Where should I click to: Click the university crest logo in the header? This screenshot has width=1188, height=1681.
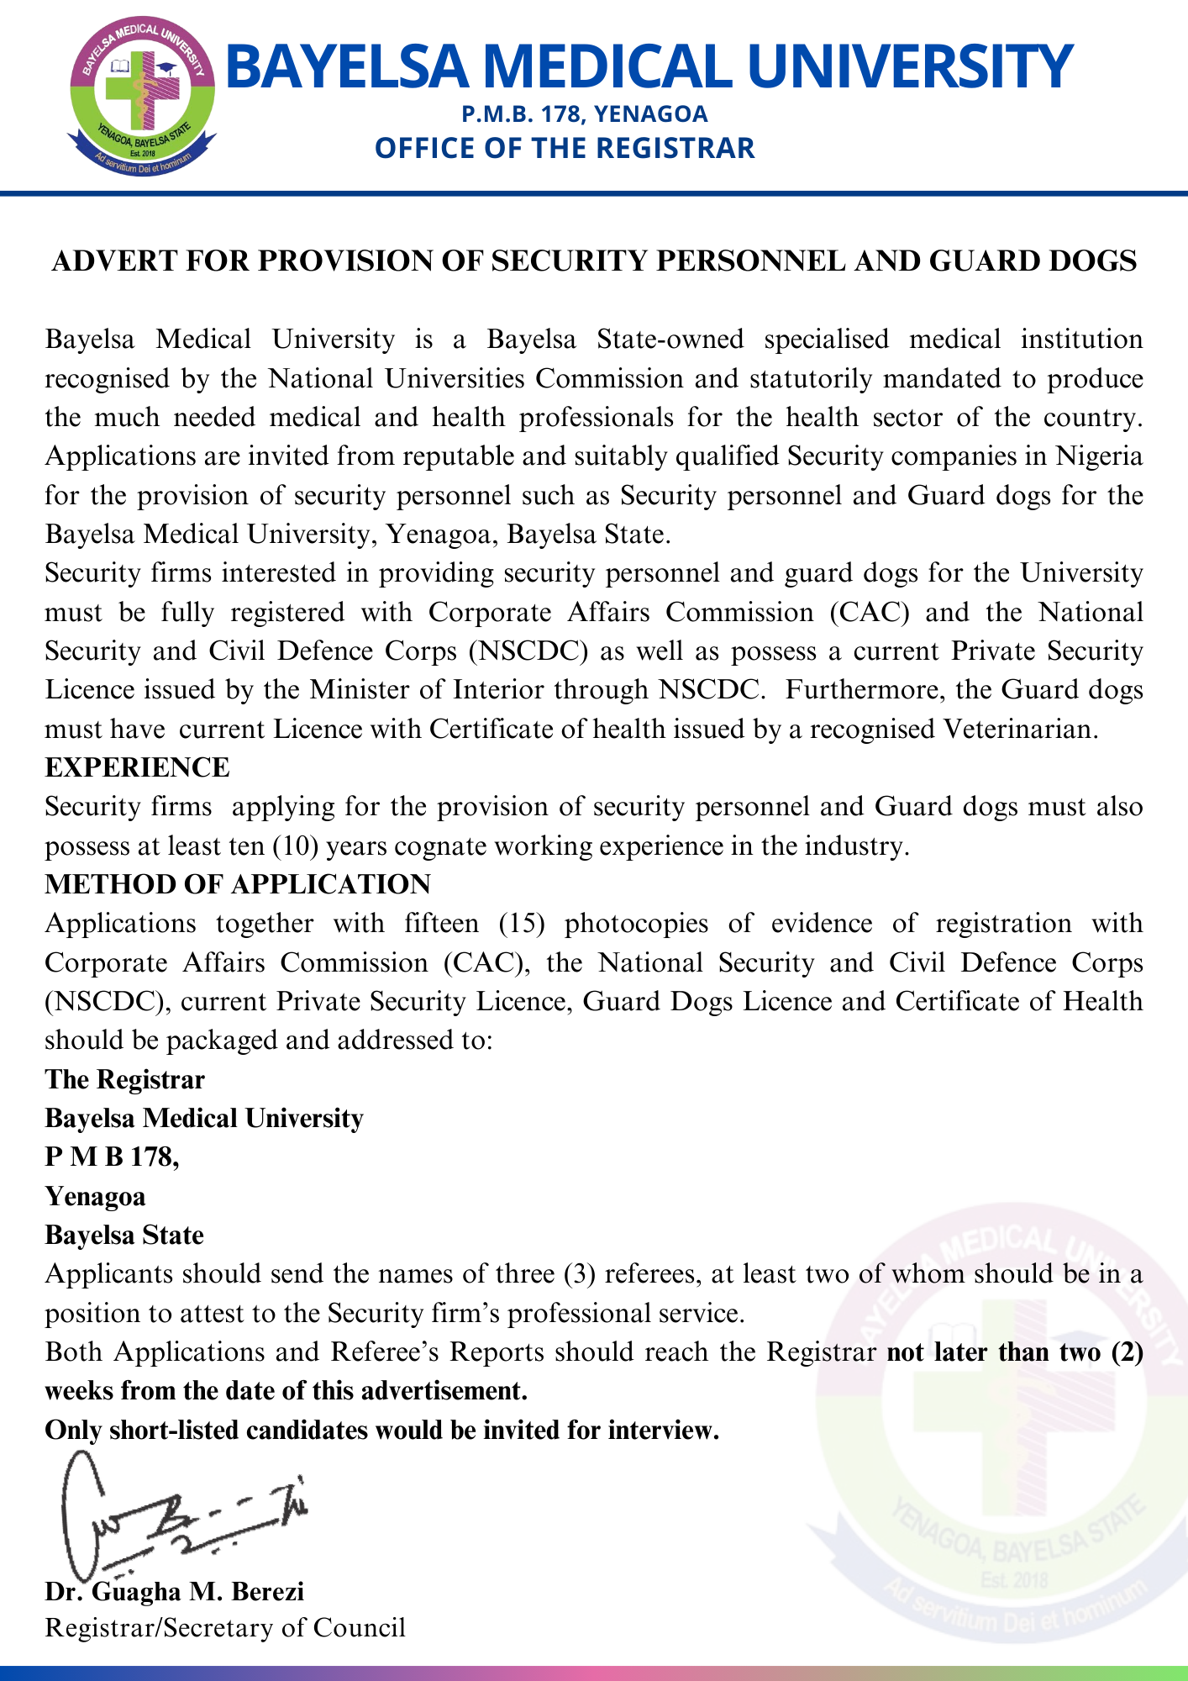(143, 97)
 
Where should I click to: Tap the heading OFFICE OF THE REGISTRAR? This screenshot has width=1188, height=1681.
(565, 148)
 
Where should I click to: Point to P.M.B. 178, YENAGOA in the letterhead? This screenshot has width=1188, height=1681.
(585, 113)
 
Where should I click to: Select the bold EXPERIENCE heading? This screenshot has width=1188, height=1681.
(137, 767)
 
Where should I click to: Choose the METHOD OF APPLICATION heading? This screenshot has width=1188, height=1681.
(238, 884)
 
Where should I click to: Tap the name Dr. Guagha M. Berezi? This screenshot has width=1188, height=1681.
(175, 1591)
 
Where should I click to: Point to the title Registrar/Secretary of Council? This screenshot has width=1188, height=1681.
(225, 1628)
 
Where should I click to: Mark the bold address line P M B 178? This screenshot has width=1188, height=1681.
(112, 1157)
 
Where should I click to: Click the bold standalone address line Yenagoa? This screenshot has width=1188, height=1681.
(95, 1196)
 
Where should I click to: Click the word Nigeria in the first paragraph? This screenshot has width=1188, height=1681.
(1099, 456)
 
